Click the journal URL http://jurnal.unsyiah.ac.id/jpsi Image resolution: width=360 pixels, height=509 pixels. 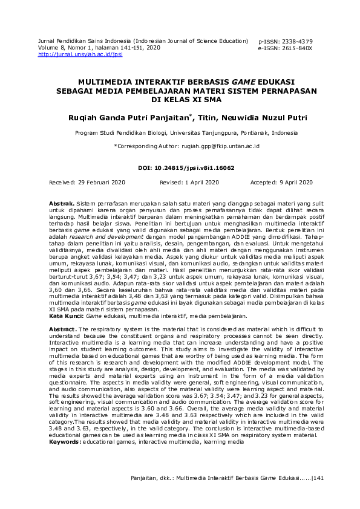pos(80,54)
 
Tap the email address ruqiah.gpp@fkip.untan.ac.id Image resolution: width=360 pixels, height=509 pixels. pos(221,146)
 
